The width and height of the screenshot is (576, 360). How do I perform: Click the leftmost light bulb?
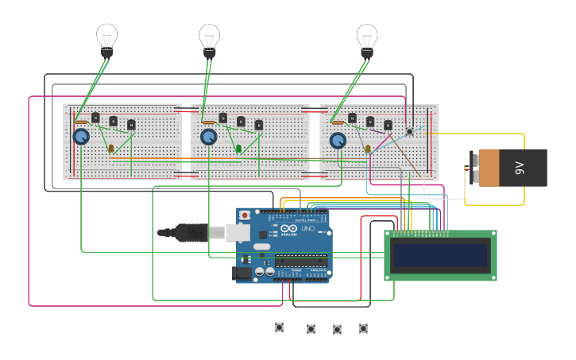106,38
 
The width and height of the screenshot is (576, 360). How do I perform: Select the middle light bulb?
209,38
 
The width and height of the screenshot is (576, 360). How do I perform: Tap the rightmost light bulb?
366,38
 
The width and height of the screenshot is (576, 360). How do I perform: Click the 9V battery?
512,168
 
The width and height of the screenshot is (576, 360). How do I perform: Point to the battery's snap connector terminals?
474,168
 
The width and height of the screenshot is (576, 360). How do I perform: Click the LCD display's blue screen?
440,255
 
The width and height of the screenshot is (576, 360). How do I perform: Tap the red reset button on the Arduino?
245,215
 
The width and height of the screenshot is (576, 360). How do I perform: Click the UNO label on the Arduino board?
307,230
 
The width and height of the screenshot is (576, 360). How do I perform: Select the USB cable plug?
191,232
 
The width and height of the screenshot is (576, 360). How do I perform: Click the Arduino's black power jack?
240,273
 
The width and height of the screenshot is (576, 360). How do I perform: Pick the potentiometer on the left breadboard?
81,137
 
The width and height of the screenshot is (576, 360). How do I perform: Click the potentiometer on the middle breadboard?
208,137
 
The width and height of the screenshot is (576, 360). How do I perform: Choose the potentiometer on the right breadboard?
338,141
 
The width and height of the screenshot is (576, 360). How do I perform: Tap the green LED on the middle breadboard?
238,148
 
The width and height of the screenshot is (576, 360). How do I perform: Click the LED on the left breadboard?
110,148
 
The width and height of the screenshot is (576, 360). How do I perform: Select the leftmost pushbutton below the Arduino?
280,327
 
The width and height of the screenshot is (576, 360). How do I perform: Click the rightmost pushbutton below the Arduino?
363,327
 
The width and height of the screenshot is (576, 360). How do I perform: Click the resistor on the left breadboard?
82,122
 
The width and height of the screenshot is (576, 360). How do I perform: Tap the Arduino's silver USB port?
238,232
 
